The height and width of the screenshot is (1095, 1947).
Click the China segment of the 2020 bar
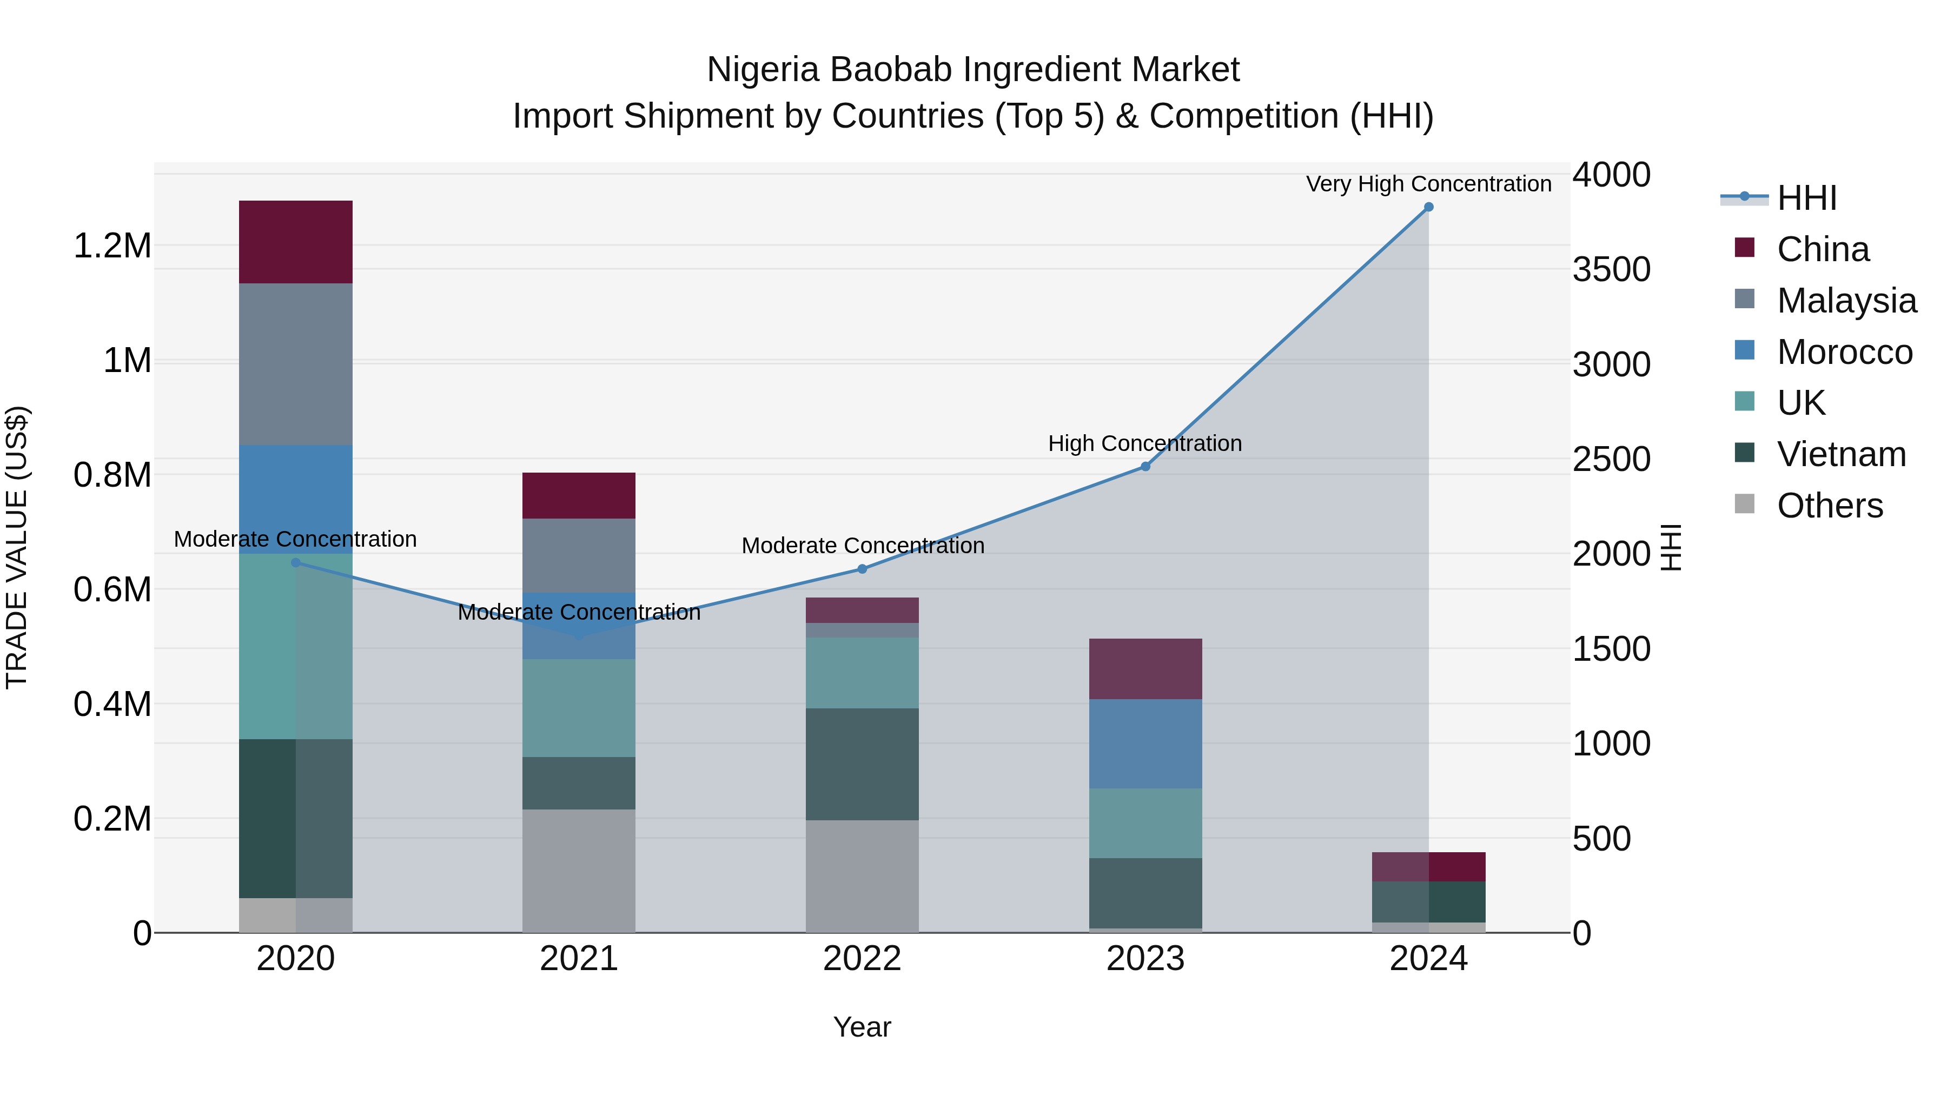click(295, 242)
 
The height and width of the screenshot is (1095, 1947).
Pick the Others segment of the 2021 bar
click(579, 871)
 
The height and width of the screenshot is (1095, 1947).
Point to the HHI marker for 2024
click(1428, 207)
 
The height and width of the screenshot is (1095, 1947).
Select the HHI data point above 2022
click(863, 569)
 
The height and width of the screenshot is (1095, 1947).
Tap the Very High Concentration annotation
click(1428, 184)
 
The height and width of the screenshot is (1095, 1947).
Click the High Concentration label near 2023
click(1144, 443)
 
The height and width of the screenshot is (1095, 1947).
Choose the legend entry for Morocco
click(1844, 352)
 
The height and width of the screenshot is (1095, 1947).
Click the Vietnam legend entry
click(1841, 455)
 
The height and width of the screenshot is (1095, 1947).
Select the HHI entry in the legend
click(1806, 198)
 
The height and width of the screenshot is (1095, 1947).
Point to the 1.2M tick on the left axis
click(112, 247)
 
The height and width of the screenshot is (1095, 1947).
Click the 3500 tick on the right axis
click(1612, 270)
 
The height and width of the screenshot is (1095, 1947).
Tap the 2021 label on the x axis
click(579, 959)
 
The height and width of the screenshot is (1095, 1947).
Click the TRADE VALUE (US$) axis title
click(17, 547)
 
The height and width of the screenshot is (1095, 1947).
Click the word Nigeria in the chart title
click(762, 70)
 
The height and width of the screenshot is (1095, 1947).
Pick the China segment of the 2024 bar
click(1428, 867)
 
